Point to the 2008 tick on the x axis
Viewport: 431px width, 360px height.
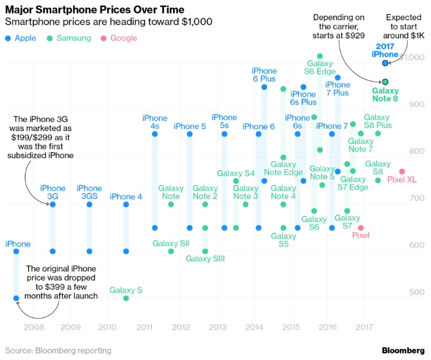click(x=34, y=326)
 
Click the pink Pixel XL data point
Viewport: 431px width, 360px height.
click(x=402, y=171)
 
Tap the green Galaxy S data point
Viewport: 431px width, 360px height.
click(x=126, y=298)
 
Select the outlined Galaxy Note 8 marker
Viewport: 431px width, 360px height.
click(x=385, y=82)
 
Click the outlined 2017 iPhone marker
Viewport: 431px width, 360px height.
click(x=385, y=63)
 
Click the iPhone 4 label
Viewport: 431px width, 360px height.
click(x=126, y=197)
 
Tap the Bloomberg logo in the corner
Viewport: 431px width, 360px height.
click(x=403, y=350)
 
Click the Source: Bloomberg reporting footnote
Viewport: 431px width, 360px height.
click(x=58, y=350)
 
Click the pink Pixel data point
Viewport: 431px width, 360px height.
click(x=361, y=227)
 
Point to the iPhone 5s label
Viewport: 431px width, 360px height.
click(x=224, y=121)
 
